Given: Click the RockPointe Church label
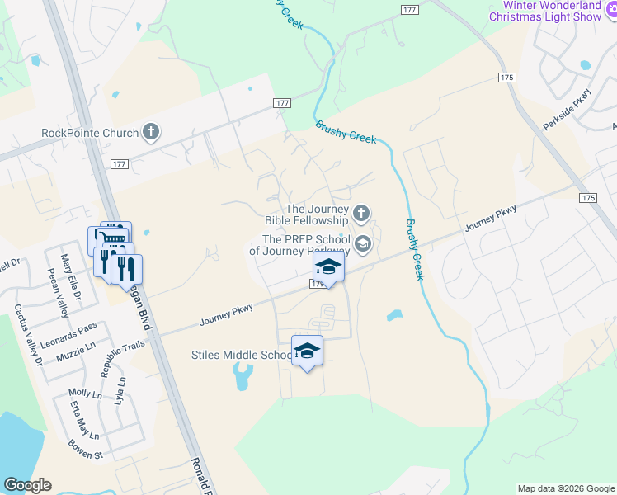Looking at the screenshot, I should pos(91,132).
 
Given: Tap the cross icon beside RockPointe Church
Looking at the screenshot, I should pos(150,131).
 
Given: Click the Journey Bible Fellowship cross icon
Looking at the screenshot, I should pos(360,214).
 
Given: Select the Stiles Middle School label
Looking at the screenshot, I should pos(242,355).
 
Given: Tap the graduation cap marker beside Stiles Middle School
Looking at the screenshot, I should pos(308,351).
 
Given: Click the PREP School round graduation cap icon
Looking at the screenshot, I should pos(361,244).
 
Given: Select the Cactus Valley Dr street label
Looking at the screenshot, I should pos(26,335).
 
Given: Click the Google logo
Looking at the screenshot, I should pos(27,485).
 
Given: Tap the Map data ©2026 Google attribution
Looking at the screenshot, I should pos(565,488).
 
